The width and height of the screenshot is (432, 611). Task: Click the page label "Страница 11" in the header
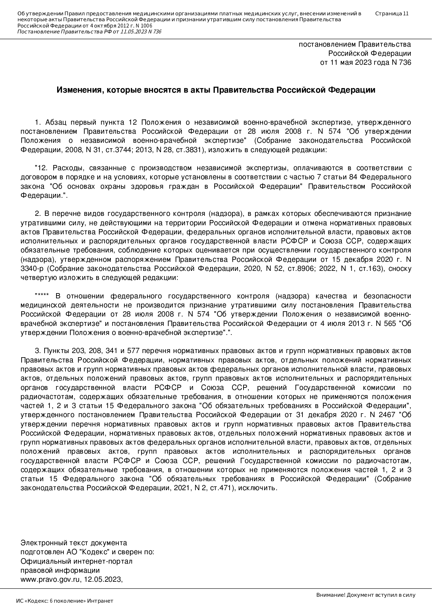pyautogui.click(x=392, y=14)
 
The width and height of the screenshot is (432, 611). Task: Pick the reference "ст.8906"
pyautogui.click(x=292, y=269)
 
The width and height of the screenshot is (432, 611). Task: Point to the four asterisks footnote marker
pyautogui.click(x=42, y=296)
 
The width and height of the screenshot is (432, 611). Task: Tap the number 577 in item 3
pyautogui.click(x=133, y=351)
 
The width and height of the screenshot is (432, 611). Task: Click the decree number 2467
pyautogui.click(x=387, y=415)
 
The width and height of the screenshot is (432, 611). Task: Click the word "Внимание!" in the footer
pyautogui.click(x=331, y=595)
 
